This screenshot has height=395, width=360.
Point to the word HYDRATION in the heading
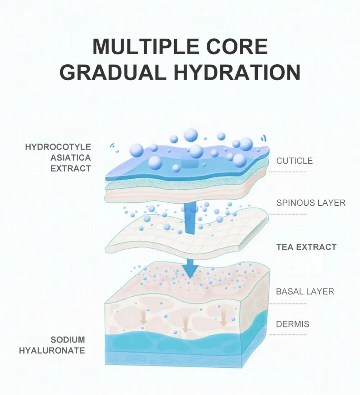238,72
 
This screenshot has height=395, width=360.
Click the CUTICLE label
294,161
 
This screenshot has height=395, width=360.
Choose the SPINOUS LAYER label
311,203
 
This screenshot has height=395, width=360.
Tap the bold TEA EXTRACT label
306,247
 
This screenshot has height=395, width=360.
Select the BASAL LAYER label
305,291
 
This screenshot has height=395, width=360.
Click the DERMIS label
292,324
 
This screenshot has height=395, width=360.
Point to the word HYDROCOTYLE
58,147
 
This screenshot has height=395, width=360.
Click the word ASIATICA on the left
71,158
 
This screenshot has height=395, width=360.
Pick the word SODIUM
68,340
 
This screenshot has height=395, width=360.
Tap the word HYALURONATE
52,350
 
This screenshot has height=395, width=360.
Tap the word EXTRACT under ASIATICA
71,168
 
